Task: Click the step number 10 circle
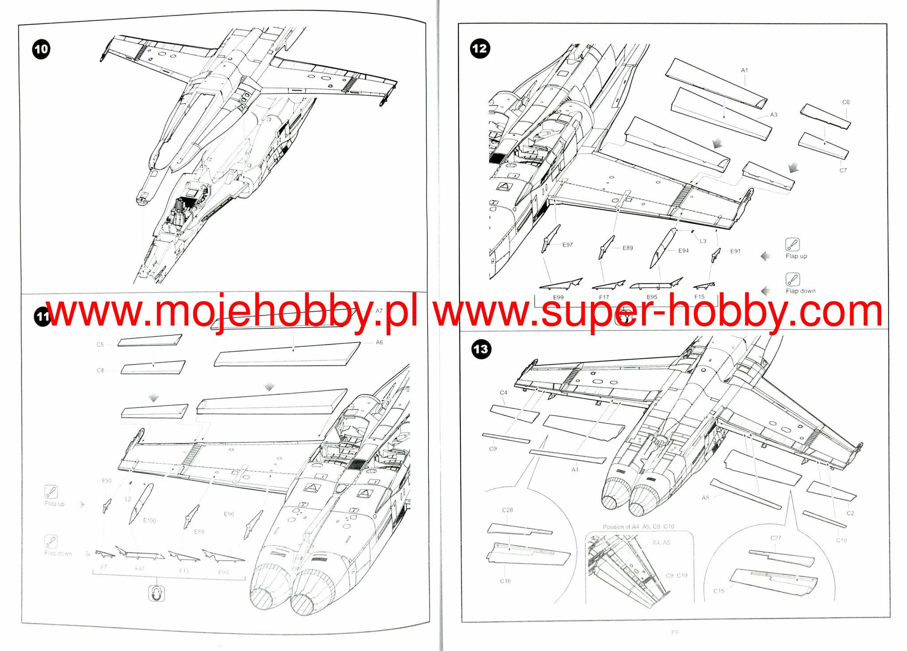coord(41,49)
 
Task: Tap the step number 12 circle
coord(480,48)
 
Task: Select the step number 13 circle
coord(481,349)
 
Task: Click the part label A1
coord(744,70)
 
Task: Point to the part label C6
coord(846,102)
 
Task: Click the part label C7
coord(843,170)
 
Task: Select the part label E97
coord(568,245)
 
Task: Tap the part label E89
coord(627,248)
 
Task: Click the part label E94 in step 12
coord(683,251)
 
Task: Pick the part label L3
coord(703,241)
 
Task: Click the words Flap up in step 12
coord(796,256)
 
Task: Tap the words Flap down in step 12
coord(800,291)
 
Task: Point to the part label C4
coord(503,393)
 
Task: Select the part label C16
coord(505,581)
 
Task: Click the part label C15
coord(719,591)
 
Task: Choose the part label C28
coord(507,510)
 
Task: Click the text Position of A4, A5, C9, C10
coord(638,527)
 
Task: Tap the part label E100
coord(149,520)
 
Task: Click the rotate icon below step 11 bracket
coord(156,593)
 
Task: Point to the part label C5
coord(100,345)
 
